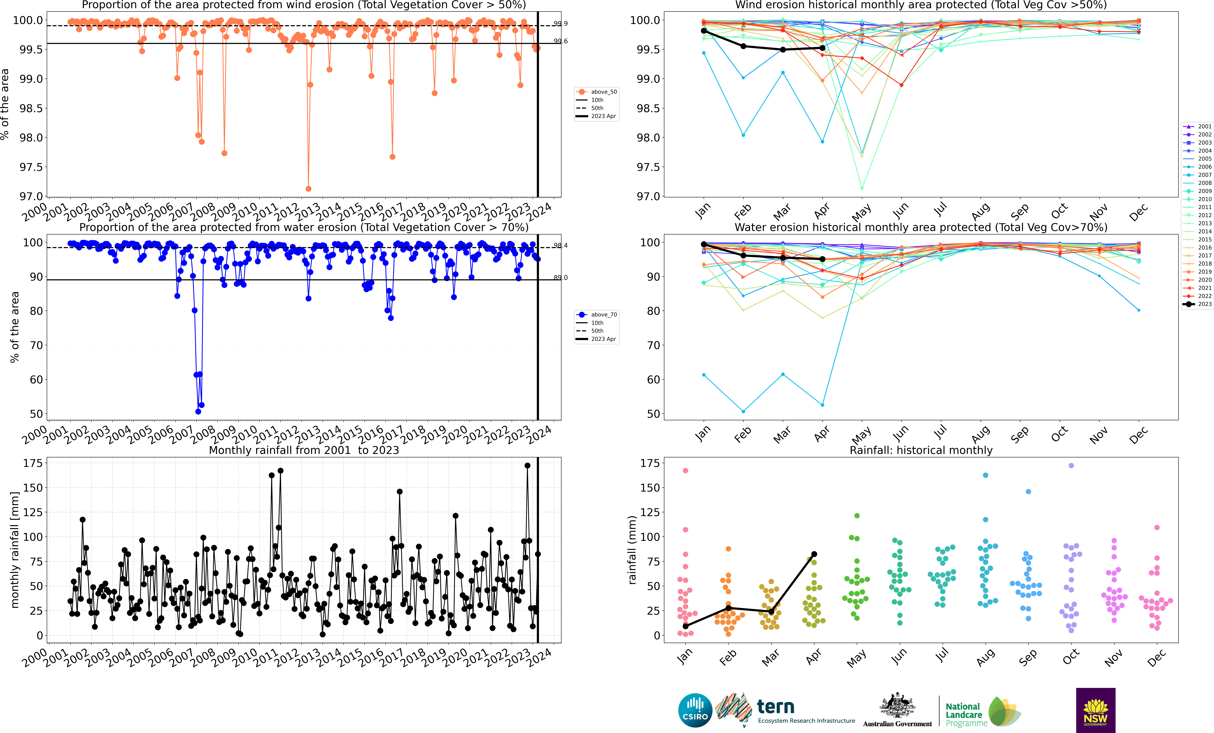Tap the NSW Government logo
[x=1095, y=710]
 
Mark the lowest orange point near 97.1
[x=308, y=189]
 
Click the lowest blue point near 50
[x=198, y=412]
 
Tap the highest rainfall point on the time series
[x=528, y=465]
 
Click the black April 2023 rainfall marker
[x=814, y=554]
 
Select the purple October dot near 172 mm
[x=1071, y=465]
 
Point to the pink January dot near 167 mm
[x=685, y=471]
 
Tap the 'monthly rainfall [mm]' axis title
[x=15, y=550]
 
